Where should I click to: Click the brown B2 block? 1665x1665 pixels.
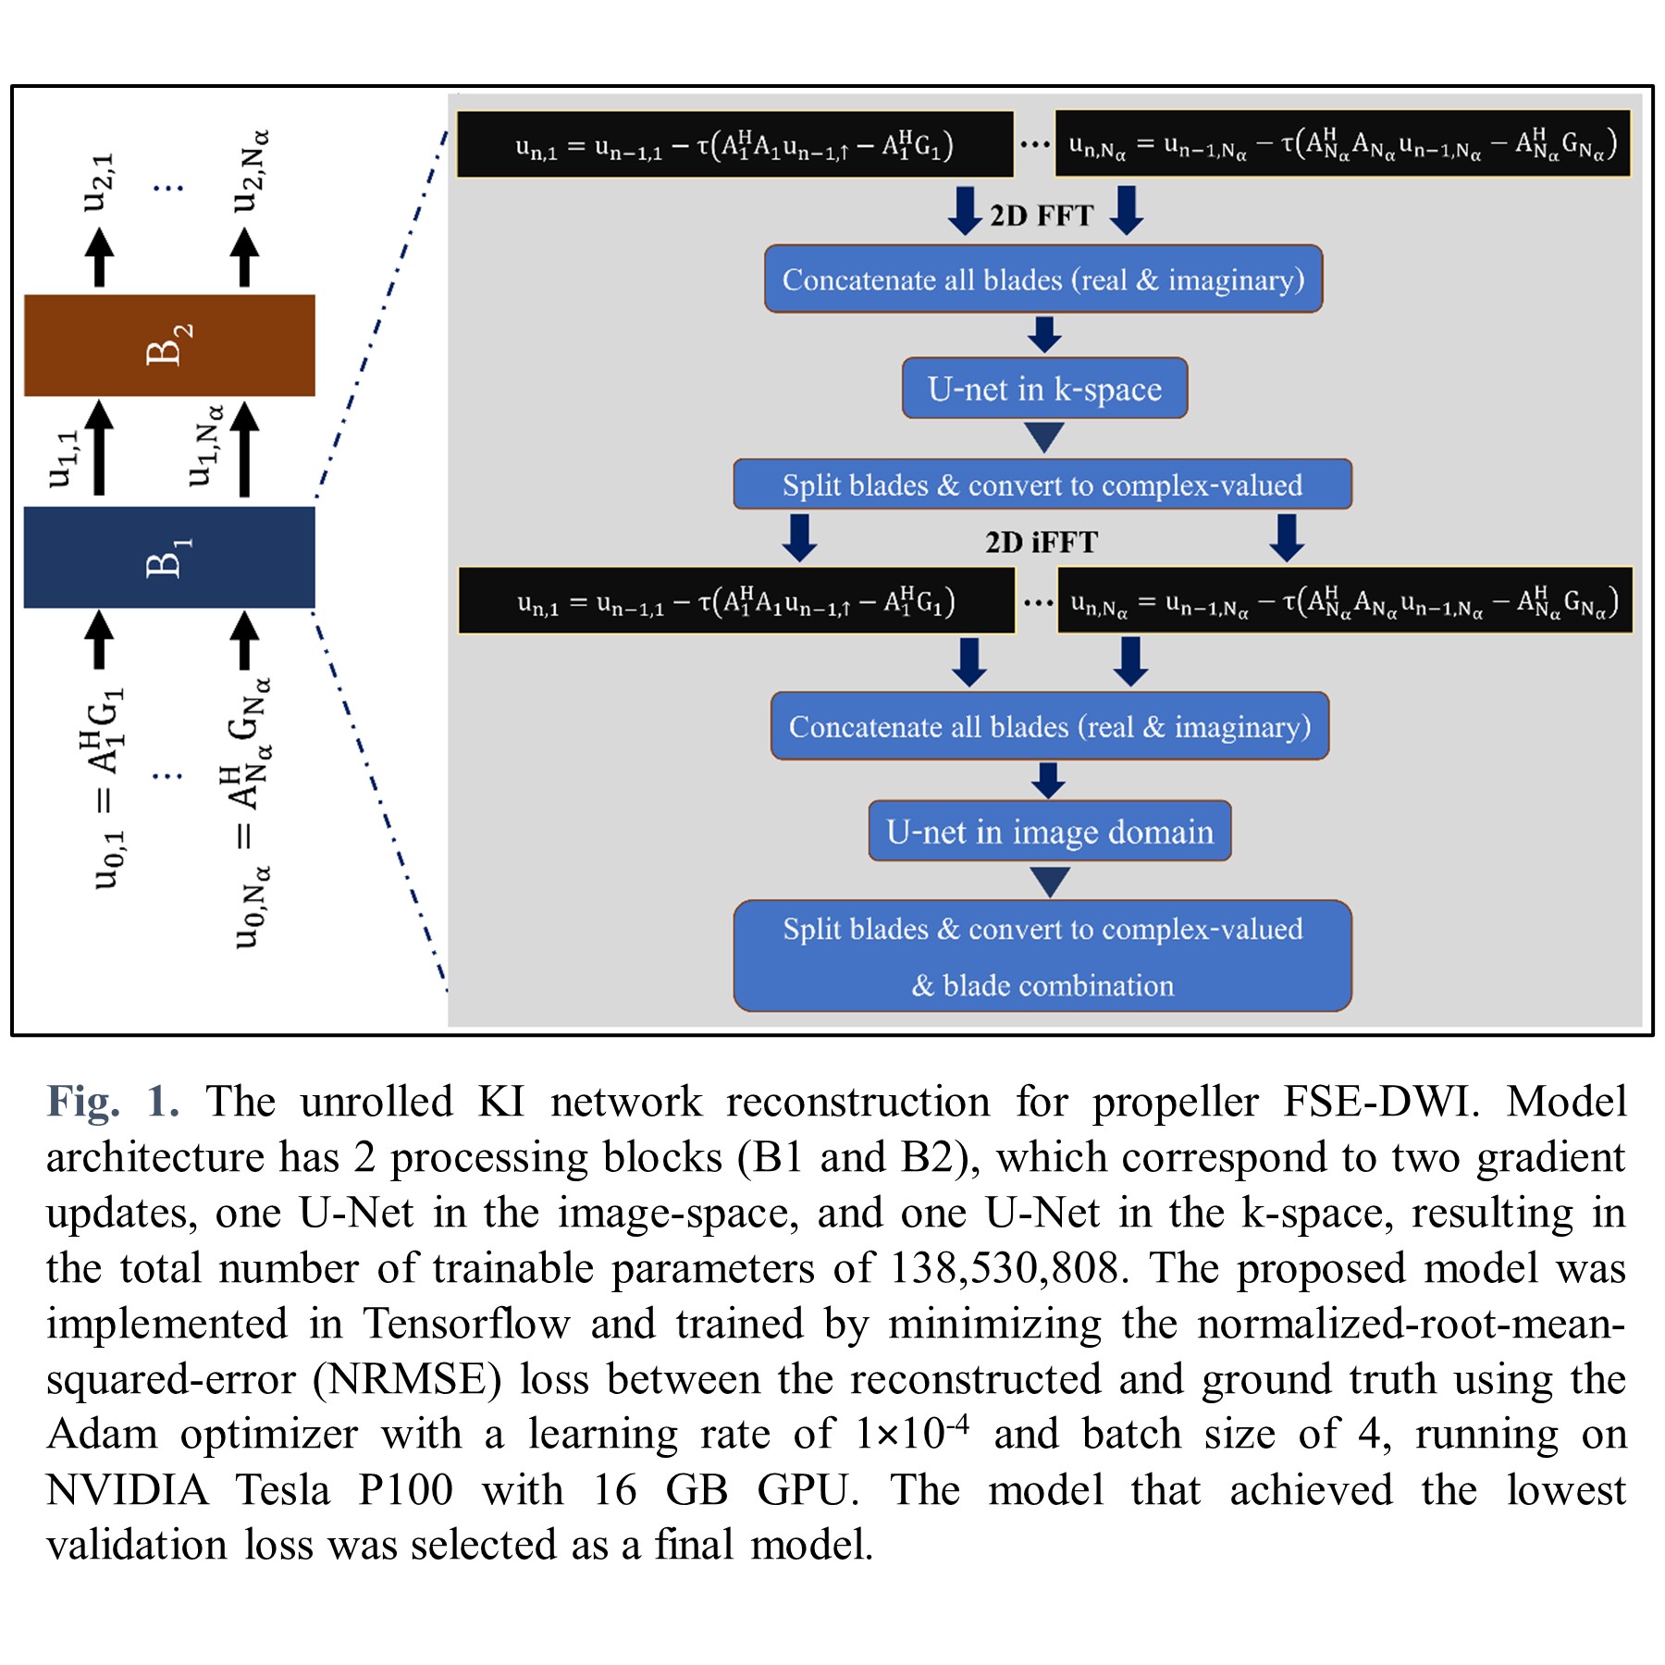pos(169,345)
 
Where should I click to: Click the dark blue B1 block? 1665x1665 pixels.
pos(169,557)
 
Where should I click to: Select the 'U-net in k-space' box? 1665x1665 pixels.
pos(1044,388)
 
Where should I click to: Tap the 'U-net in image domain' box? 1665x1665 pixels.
pos(1049,832)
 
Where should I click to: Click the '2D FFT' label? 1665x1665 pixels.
pos(1042,216)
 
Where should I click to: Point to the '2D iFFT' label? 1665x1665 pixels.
pos(1042,542)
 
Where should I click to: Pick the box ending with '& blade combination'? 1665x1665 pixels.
pos(1042,956)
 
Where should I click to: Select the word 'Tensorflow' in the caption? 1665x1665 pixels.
pos(465,1324)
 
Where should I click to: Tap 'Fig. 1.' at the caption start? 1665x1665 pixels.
pos(112,1103)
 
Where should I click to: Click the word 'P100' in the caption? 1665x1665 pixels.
pos(405,1490)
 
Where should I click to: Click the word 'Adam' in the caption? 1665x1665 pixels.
pos(102,1435)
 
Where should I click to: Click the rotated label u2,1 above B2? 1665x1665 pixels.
pos(98,182)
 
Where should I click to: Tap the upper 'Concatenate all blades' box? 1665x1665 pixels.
pos(1043,279)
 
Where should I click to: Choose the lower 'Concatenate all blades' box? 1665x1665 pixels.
pos(1050,727)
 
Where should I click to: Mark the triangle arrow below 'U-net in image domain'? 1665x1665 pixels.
pos(1050,881)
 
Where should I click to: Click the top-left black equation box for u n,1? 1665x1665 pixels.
pos(734,144)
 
